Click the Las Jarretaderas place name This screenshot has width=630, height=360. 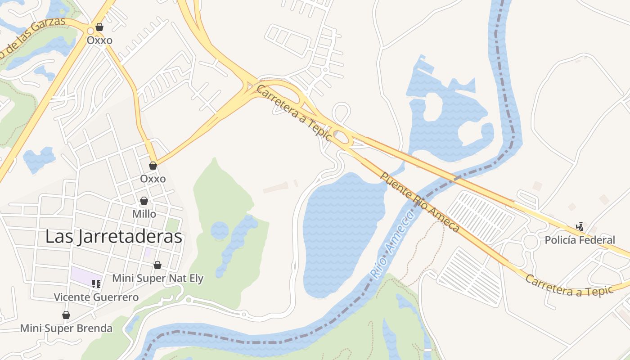pyautogui.click(x=114, y=237)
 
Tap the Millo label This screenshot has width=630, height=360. pyautogui.click(x=144, y=214)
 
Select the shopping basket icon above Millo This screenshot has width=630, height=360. pyautogui.click(x=144, y=201)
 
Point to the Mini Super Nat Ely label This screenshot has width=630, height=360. pyautogui.click(x=157, y=278)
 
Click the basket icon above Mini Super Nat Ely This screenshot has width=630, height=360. pyautogui.click(x=157, y=265)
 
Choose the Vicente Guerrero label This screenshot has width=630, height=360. pyautogui.click(x=96, y=297)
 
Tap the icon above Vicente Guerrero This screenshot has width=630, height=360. pyautogui.click(x=96, y=283)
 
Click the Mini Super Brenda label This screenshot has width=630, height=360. pyautogui.click(x=66, y=328)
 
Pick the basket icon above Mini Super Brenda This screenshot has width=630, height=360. pyautogui.click(x=66, y=315)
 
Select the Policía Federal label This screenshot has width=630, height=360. pyautogui.click(x=580, y=240)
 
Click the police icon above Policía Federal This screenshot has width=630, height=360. pyautogui.click(x=580, y=226)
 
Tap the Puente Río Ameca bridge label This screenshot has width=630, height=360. pyautogui.click(x=420, y=201)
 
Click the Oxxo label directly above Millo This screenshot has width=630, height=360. pyautogui.click(x=153, y=179)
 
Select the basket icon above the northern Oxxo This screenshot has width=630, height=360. pyautogui.click(x=99, y=27)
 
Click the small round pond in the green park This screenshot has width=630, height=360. pyautogui.click(x=220, y=230)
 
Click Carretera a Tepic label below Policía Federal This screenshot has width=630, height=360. pyautogui.click(x=570, y=285)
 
